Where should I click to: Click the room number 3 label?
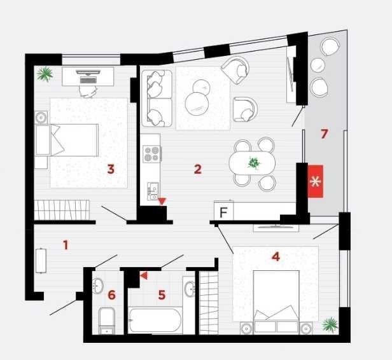pos(111,169)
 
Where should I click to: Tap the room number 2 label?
pos(198,169)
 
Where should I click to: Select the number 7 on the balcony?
pos(325,134)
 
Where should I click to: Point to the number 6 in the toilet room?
pos(111,294)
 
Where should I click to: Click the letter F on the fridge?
pos(223,212)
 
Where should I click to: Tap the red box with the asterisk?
pos(315,181)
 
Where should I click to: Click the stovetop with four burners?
pos(151,154)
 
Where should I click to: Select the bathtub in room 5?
pos(155,321)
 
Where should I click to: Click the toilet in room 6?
pos(107,321)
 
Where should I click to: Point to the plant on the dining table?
pos(254,163)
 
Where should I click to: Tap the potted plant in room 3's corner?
pos(45,74)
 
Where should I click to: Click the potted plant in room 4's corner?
pos(330,324)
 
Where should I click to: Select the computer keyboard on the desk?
pos(88,80)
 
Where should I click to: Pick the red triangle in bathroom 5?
pos(144,275)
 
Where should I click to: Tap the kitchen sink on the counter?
pos(153,191)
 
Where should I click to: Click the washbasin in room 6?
pos(98,286)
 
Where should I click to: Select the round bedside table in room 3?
pos(41,117)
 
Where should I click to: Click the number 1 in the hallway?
pos(66,245)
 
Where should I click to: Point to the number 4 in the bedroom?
pos(276,256)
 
